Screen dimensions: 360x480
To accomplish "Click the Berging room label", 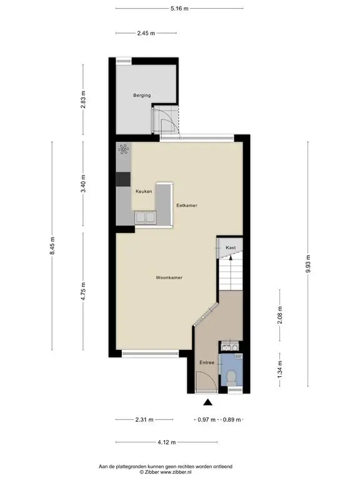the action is pyautogui.click(x=142, y=95).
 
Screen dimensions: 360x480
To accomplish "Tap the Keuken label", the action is pyautogui.click(x=144, y=191).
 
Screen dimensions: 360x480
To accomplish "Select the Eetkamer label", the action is pyautogui.click(x=187, y=205).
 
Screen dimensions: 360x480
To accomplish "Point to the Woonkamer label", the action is pyautogui.click(x=169, y=277).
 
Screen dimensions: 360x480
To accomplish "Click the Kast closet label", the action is pyautogui.click(x=231, y=247).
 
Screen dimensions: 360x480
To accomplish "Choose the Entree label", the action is pyautogui.click(x=207, y=362).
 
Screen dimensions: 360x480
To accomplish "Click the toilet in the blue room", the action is pyautogui.click(x=231, y=377).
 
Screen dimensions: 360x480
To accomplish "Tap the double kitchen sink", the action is pyautogui.click(x=145, y=217).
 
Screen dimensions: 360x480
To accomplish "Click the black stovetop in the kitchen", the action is pyautogui.click(x=123, y=179).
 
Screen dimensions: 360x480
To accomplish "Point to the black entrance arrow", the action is pyautogui.click(x=208, y=402).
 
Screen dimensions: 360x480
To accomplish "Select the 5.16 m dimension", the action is pyautogui.click(x=179, y=9).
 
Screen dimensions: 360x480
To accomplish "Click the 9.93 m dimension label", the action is pyautogui.click(x=308, y=264).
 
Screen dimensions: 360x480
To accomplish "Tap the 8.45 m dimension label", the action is pyautogui.click(x=52, y=246).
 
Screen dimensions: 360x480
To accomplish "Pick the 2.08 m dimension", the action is pyautogui.click(x=280, y=315).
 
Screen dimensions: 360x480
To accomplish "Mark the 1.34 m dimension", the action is pyautogui.click(x=280, y=369).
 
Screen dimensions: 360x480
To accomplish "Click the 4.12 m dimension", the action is pyautogui.click(x=167, y=442).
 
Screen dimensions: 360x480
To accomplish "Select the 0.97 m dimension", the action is pyautogui.click(x=207, y=420).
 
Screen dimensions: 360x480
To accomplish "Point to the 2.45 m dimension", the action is pyautogui.click(x=146, y=33).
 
